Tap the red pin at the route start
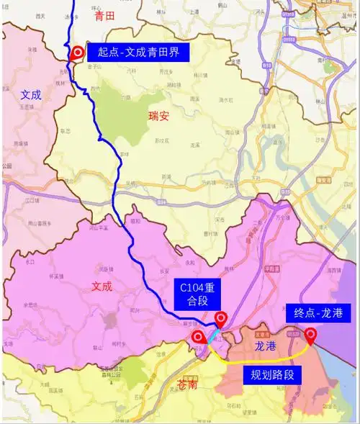coord(78,53)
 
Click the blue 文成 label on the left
coord(31,94)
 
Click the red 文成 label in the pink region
coord(102,286)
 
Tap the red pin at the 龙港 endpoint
coord(310,335)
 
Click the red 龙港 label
coord(265,346)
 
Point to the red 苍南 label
coord(188,385)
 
